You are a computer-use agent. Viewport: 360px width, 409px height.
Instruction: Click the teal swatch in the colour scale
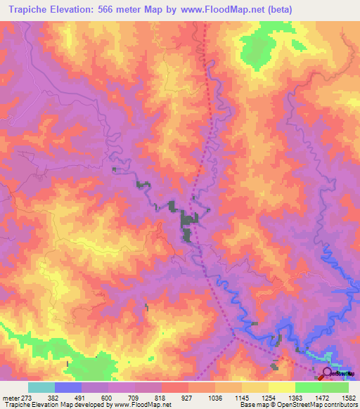41,387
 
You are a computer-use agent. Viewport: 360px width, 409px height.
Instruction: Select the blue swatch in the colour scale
68,387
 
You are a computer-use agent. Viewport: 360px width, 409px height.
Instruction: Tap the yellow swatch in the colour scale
282,387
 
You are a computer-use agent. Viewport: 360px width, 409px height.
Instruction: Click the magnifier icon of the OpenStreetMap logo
328,372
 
